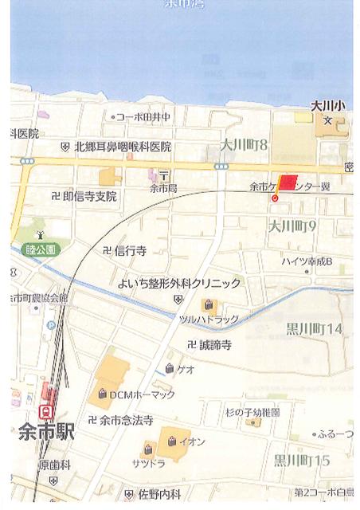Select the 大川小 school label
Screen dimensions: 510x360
tap(327, 104)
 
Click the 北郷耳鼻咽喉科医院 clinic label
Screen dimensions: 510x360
tap(123, 147)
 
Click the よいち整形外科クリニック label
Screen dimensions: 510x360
tap(178, 283)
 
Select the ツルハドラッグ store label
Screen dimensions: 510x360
tap(208, 318)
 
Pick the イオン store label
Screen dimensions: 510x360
tap(192, 441)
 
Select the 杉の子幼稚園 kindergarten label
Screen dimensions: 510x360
tap(252, 412)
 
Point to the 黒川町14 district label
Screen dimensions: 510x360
tap(313, 328)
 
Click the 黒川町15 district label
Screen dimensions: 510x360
tap(301, 460)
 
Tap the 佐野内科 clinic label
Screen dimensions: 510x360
tap(158, 494)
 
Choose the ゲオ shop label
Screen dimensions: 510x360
tap(186, 369)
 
